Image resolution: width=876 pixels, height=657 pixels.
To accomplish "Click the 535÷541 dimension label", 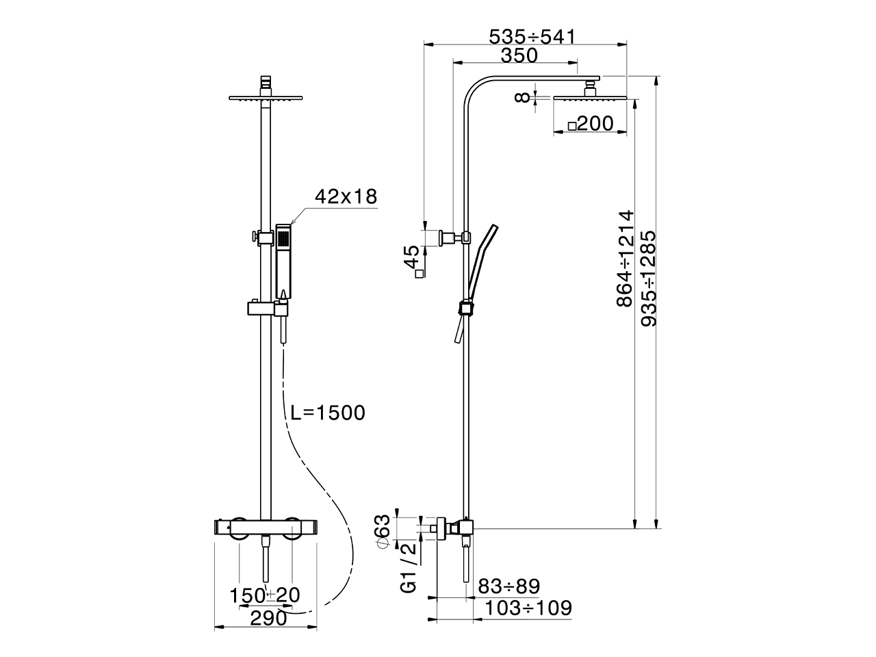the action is [532, 37].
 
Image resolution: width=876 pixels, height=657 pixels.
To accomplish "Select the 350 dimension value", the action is [519, 55].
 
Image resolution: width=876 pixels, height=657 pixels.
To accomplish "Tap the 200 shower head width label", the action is [595, 123].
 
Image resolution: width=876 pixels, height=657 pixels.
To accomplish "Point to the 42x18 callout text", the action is [346, 196].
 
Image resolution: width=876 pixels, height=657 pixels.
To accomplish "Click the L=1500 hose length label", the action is [328, 413].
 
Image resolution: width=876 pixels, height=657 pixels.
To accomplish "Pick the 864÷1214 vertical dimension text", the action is [625, 259].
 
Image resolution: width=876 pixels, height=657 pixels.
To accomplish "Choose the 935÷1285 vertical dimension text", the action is [648, 279].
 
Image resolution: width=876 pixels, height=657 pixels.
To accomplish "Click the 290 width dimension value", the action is [268, 618].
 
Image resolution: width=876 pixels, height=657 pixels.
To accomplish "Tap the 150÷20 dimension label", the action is [265, 595].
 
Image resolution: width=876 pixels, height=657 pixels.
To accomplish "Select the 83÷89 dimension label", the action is [509, 587].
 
